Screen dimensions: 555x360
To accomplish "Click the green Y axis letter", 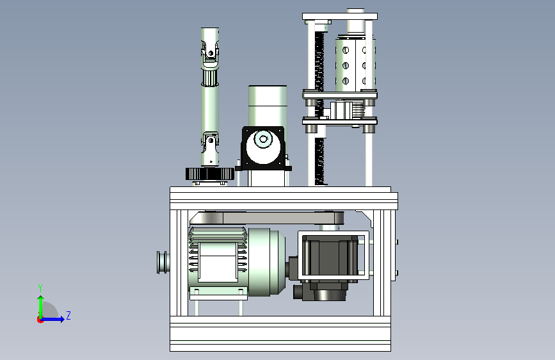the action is [x=40, y=288].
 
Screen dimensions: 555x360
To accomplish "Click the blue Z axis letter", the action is [x=68, y=315].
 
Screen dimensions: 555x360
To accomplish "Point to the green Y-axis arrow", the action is [x=41, y=307].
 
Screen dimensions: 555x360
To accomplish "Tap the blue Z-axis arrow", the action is [x=52, y=319].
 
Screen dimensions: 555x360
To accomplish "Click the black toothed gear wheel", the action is [x=210, y=174].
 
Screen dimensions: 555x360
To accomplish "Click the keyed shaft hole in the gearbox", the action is [x=262, y=138].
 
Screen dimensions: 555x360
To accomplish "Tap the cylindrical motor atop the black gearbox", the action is [x=268, y=106].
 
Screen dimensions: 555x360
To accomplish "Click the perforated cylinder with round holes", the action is [x=355, y=65].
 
